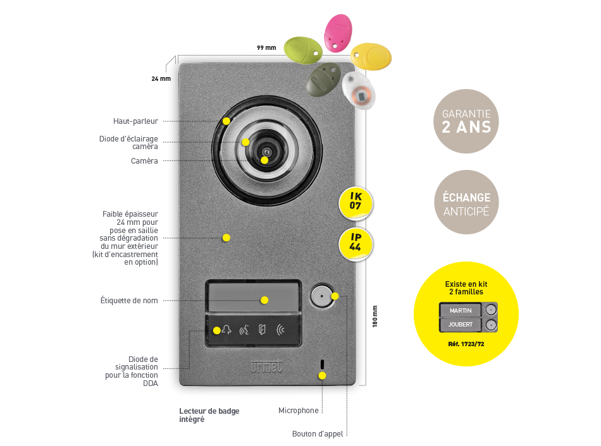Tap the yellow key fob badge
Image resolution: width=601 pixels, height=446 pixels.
(x=371, y=56)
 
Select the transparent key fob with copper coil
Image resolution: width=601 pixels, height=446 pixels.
(x=359, y=91)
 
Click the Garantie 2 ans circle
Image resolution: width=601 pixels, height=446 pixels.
(x=466, y=121)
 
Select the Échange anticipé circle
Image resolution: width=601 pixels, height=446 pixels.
(x=466, y=202)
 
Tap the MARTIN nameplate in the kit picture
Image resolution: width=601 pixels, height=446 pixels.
(x=461, y=310)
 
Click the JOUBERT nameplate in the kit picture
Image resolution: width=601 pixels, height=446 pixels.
(x=461, y=325)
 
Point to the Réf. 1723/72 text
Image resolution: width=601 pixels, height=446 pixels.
(x=466, y=344)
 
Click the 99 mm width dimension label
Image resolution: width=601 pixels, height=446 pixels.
(x=266, y=48)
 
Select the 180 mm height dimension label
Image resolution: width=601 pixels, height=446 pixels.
(x=375, y=316)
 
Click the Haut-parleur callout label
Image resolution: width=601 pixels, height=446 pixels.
(x=135, y=121)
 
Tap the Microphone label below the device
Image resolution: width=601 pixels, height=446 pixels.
(x=299, y=411)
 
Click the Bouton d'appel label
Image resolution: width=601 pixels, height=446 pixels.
(x=318, y=434)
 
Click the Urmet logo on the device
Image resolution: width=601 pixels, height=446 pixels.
(x=266, y=366)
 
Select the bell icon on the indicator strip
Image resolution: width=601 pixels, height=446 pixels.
(x=226, y=330)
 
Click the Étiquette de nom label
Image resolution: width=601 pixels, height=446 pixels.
(x=129, y=301)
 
